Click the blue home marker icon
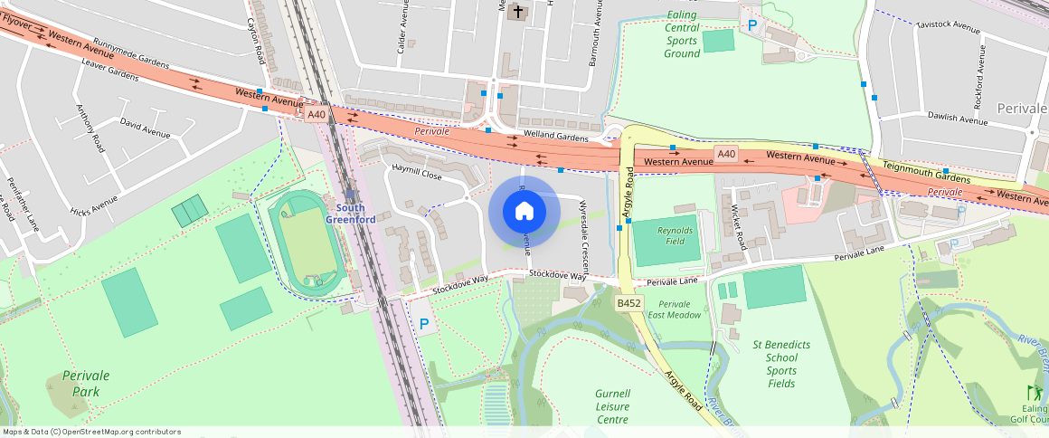[x=524, y=212]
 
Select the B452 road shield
[x=629, y=303]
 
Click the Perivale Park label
[x=80, y=384]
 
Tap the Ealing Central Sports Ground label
[x=682, y=34]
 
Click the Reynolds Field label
[x=676, y=237]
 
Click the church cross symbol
[x=517, y=13]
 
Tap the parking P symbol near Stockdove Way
[x=423, y=323]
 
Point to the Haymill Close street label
[x=416, y=174]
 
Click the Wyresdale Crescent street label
[x=583, y=226]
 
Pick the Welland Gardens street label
[x=557, y=137]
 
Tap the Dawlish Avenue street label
[x=958, y=119]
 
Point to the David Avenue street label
[x=145, y=128]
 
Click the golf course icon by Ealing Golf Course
[x=1034, y=393]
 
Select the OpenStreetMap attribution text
[x=91, y=432]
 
